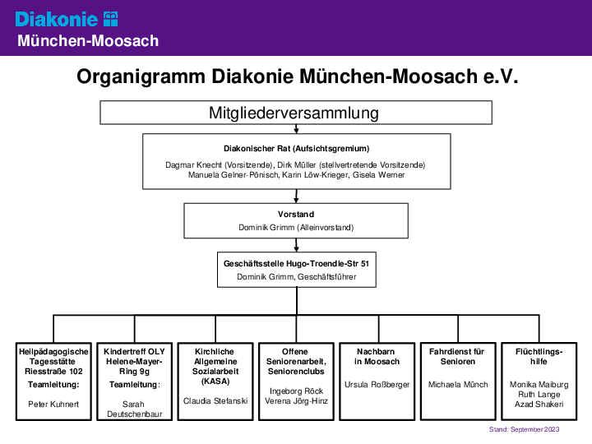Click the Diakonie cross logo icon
click(111, 19)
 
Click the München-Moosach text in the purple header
click(88, 41)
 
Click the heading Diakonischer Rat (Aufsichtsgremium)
click(296, 148)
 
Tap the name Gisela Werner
click(378, 175)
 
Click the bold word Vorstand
click(296, 214)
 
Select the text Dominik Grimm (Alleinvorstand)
click(296, 227)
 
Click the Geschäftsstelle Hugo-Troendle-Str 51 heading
click(296, 264)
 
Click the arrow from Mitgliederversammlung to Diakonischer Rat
click(296, 129)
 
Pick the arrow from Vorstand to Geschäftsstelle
click(296, 245)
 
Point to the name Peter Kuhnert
click(53, 405)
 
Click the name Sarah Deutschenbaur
click(134, 409)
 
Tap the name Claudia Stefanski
click(215, 401)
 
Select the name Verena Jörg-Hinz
click(296, 401)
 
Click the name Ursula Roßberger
click(377, 385)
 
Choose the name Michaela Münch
click(458, 384)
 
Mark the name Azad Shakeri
click(539, 405)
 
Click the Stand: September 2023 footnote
click(524, 429)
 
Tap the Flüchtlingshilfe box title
click(539, 356)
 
